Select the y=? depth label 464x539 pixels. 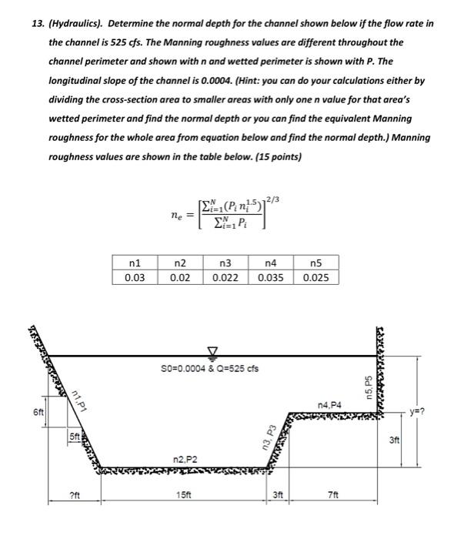439,411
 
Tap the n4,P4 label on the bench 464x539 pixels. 328,403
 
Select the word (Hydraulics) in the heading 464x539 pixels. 72,24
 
